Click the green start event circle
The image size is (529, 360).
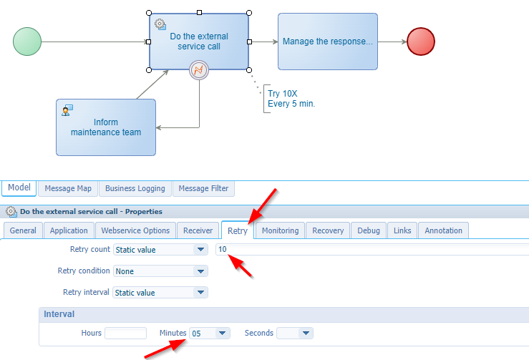[27, 41]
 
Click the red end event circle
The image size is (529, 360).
[420, 41]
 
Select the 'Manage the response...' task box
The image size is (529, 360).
[327, 42]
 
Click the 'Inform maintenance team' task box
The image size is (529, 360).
[106, 127]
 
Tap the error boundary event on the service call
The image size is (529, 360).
[198, 70]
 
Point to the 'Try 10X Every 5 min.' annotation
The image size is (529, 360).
[291, 98]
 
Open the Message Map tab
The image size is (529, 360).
[68, 189]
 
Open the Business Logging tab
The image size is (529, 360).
[135, 189]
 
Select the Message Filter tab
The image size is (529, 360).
[203, 189]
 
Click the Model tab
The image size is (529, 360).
[19, 188]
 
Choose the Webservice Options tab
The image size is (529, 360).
[135, 230]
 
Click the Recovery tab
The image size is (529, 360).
[328, 230]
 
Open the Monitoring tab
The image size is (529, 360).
[280, 230]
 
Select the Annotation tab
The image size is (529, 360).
[443, 230]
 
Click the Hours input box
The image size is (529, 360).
[125, 333]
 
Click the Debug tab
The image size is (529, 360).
[369, 230]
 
